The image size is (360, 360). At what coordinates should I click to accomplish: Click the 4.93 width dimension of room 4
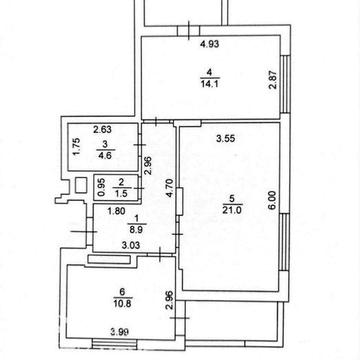210,44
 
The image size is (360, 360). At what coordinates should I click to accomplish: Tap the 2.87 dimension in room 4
273,80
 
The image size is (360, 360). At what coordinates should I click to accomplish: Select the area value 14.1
210,83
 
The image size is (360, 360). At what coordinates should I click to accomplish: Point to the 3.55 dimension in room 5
226,139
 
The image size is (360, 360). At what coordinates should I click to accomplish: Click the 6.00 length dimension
273,200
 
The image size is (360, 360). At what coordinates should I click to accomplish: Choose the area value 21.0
232,211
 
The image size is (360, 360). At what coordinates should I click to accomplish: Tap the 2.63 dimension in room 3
102,129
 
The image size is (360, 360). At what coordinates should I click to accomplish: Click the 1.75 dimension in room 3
77,147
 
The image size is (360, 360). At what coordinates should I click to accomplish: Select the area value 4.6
104,155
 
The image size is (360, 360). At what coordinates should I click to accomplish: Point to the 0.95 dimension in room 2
103,188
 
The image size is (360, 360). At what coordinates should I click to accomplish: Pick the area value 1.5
121,194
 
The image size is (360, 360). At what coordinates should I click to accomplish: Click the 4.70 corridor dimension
170,188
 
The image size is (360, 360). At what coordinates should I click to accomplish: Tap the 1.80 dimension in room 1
116,211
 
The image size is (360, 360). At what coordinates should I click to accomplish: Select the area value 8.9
137,229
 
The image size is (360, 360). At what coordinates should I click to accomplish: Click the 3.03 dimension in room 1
131,246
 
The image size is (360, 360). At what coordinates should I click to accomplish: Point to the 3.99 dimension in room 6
120,331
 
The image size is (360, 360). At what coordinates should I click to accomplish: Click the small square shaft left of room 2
81,185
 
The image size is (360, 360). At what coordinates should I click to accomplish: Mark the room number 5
232,199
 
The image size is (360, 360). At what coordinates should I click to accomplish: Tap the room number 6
122,292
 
